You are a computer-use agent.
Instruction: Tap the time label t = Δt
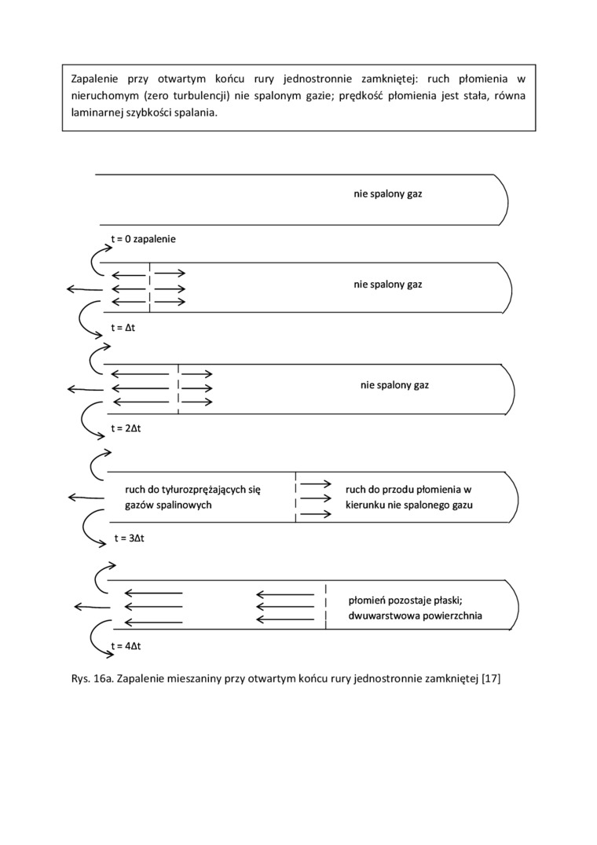123,326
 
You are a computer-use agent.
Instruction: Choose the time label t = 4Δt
126,646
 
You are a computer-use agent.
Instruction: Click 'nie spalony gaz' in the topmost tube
387,193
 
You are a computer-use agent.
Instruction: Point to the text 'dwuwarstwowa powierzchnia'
415,616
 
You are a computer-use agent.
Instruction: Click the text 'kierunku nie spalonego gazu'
408,505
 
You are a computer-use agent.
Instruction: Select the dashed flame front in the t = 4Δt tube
326,605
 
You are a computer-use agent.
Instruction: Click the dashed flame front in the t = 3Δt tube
295,497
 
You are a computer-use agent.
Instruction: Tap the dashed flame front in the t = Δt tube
149,287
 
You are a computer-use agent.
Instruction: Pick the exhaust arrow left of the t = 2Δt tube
82,389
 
